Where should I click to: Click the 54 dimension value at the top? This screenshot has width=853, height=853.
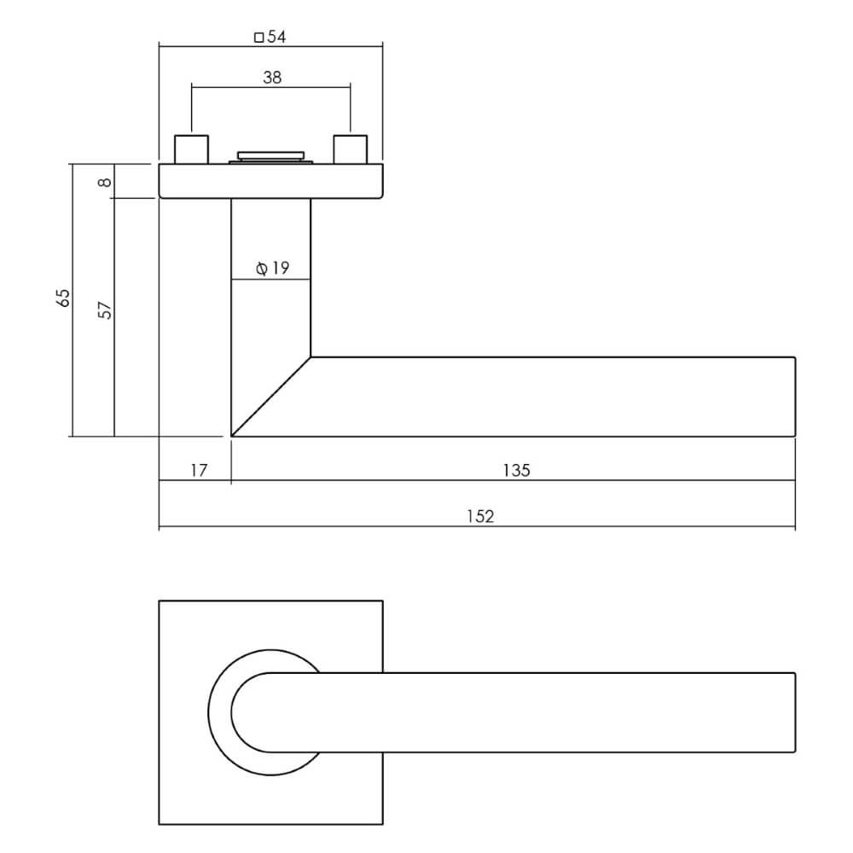(276, 37)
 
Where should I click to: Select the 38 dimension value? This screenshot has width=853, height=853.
(272, 78)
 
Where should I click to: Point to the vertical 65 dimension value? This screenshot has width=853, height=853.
(62, 299)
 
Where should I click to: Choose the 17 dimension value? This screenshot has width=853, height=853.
(198, 470)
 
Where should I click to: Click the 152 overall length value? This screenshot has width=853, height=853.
(481, 517)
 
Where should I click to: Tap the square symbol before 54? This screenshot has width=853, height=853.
(259, 37)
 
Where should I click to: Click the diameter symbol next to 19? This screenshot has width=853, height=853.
(262, 269)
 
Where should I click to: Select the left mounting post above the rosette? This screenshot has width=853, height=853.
(191, 149)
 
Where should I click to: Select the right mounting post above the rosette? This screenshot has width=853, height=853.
(351, 149)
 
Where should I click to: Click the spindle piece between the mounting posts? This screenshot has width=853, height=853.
(271, 156)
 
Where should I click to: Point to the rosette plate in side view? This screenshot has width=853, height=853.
(270, 182)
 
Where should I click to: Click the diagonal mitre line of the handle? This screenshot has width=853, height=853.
(271, 397)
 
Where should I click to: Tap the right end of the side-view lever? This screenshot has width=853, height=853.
(794, 397)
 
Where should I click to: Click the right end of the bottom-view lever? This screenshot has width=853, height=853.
(794, 712)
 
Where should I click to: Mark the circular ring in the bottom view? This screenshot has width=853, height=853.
(218, 712)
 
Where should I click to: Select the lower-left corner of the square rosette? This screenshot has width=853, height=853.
(160, 824)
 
